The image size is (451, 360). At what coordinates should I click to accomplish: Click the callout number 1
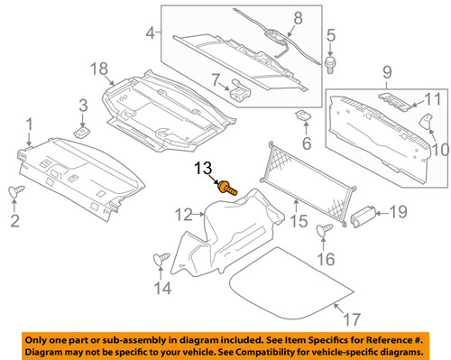pos(32,124)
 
